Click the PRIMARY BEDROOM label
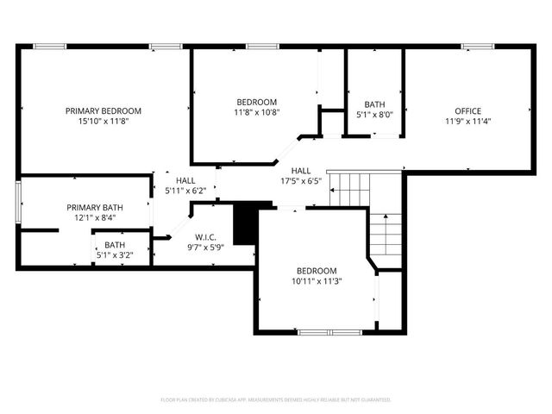(x=103, y=110)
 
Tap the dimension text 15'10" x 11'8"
(x=103, y=122)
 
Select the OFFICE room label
(x=468, y=110)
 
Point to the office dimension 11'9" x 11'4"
(x=468, y=122)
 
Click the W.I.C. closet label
(x=205, y=236)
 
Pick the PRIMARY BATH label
(x=95, y=207)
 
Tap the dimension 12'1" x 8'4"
(x=95, y=218)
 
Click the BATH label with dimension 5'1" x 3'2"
(x=115, y=245)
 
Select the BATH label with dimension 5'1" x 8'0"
(x=374, y=103)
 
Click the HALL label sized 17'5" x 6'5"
(x=301, y=171)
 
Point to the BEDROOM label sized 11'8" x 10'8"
(x=256, y=101)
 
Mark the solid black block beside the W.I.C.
(x=246, y=223)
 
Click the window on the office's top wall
(x=476, y=47)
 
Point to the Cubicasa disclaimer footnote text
(x=276, y=400)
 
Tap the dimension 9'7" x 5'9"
(x=205, y=248)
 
